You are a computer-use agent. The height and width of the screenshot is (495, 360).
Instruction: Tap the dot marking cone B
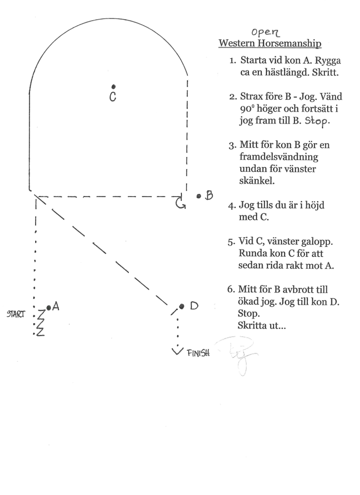point(198,196)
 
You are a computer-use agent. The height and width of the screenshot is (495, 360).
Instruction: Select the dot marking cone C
point(114,86)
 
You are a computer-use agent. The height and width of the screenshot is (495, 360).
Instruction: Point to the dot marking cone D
point(182,306)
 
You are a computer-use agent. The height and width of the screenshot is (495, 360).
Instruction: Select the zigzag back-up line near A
point(40,322)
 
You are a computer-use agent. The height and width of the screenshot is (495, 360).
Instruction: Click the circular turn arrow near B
point(181,203)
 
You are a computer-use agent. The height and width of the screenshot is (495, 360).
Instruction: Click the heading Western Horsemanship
point(270,44)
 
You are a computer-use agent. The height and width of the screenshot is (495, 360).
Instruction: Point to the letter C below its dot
point(113,96)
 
